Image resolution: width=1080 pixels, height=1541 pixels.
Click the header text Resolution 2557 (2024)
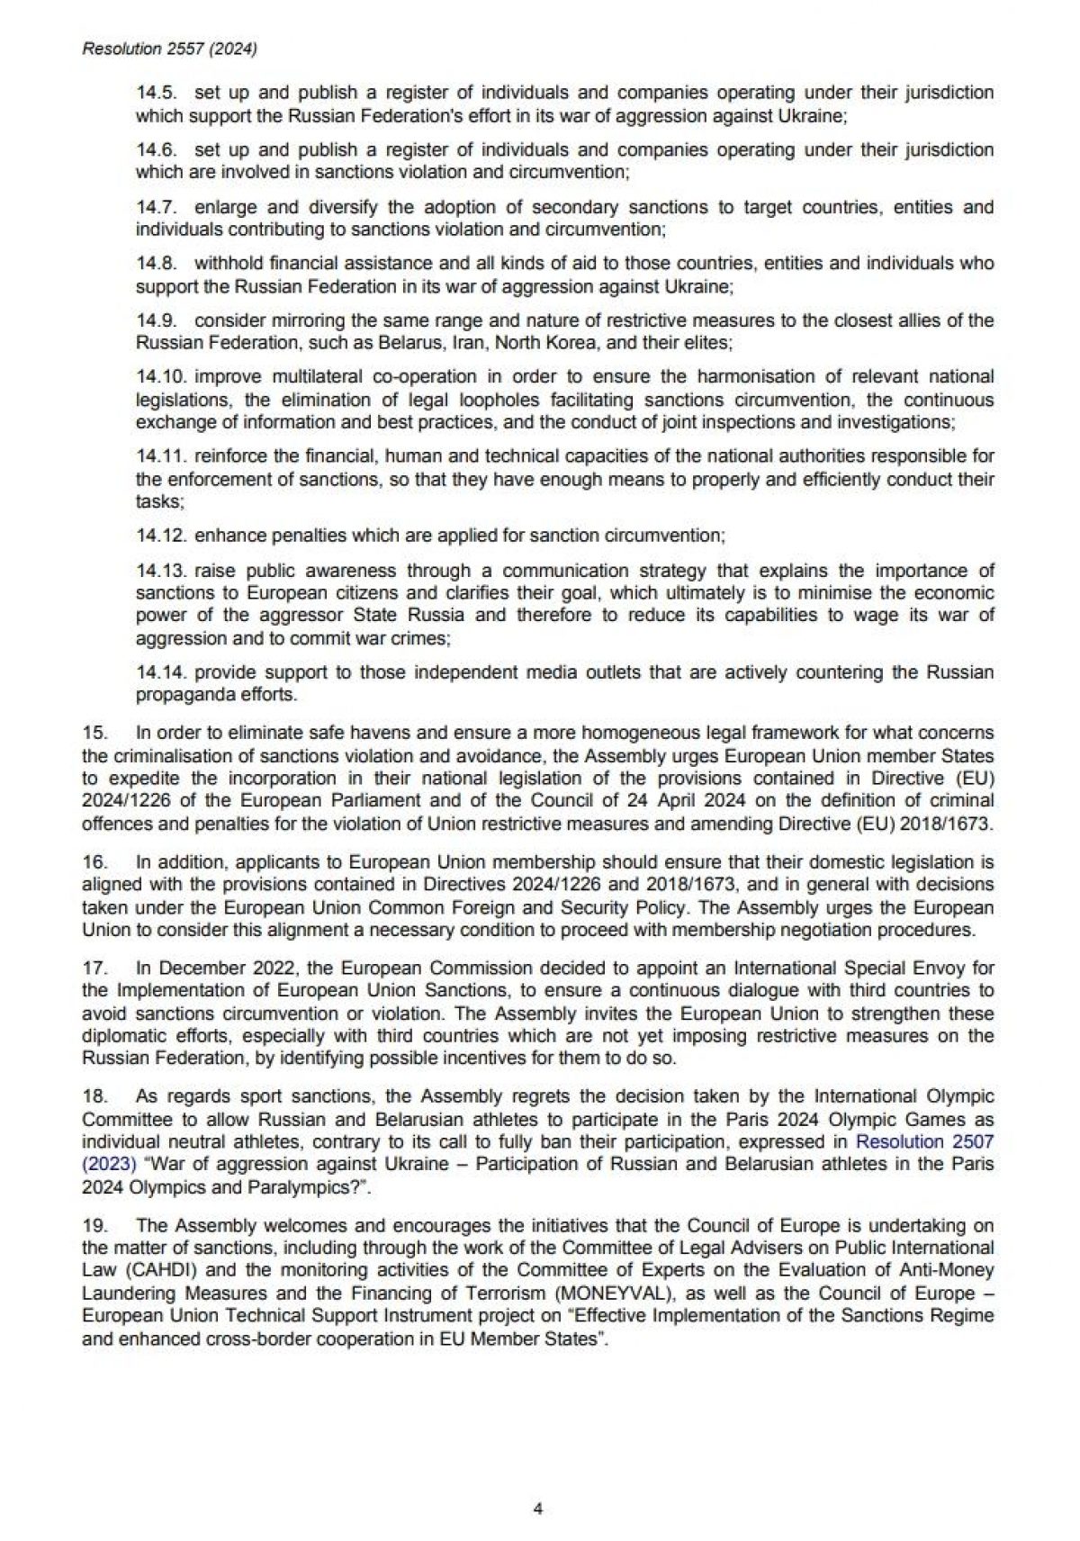point(169,50)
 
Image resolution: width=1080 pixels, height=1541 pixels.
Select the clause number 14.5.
point(157,93)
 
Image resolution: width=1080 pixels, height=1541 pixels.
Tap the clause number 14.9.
point(157,320)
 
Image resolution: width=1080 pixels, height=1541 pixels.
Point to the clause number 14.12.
point(162,536)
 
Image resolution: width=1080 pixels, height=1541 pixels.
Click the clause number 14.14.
point(162,672)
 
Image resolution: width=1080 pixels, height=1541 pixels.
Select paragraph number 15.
point(94,734)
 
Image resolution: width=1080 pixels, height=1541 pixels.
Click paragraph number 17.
point(94,969)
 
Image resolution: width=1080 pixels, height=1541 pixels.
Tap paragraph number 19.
point(94,1226)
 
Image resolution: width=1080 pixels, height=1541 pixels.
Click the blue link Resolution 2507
point(924,1142)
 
